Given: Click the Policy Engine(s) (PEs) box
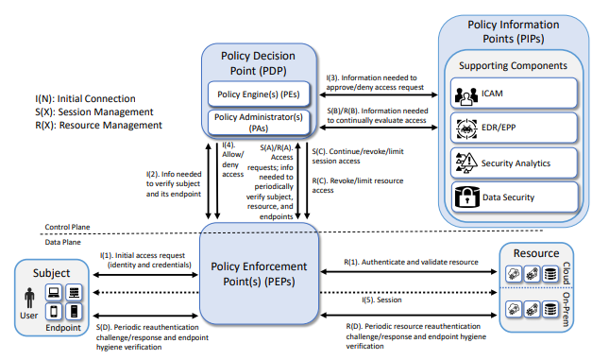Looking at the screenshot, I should pyautogui.click(x=260, y=94).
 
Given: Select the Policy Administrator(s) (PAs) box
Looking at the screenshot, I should pyautogui.click(x=260, y=123).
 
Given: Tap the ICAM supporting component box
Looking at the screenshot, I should pyautogui.click(x=514, y=93).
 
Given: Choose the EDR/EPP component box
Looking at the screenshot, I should pyautogui.click(x=514, y=128).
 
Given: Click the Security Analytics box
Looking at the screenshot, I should pyautogui.click(x=514, y=162).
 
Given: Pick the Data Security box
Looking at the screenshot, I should pyautogui.click(x=514, y=197).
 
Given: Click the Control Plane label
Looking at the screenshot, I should pyautogui.click(x=66, y=228).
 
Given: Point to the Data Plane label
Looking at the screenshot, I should pyautogui.click(x=62, y=242).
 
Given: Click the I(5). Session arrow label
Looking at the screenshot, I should pyautogui.click(x=382, y=300).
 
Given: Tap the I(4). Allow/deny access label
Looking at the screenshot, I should pyautogui.click(x=232, y=160).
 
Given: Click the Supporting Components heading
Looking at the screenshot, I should pyautogui.click(x=513, y=65).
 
